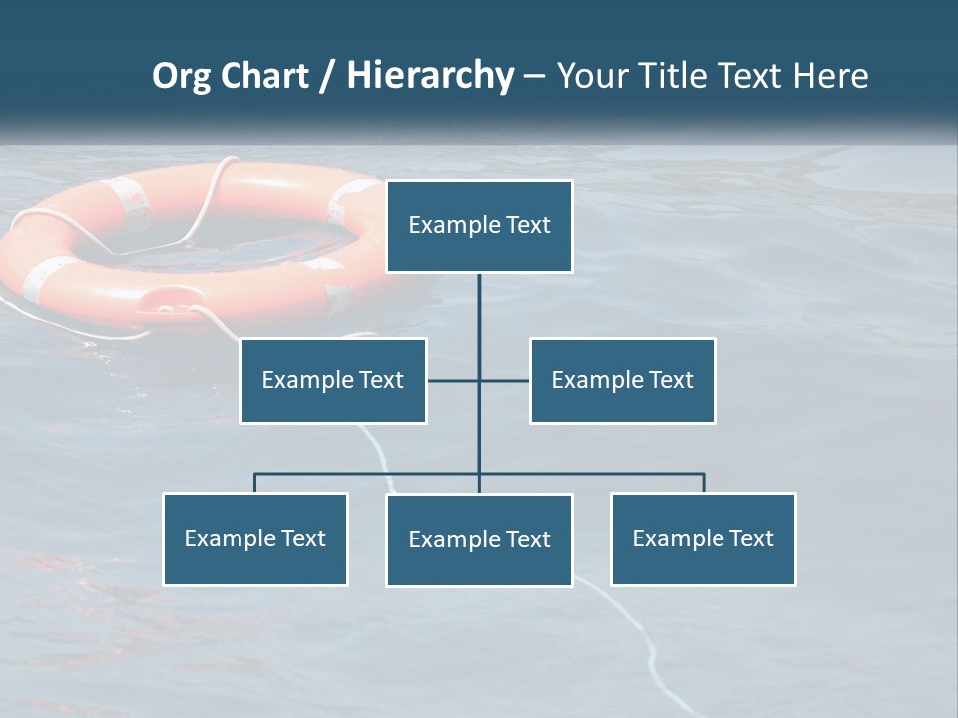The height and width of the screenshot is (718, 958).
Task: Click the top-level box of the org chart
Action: tap(479, 226)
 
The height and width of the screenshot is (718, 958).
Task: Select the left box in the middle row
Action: tap(333, 380)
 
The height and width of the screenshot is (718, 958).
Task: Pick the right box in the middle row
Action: tap(622, 380)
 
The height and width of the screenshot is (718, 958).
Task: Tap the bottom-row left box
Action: tap(255, 538)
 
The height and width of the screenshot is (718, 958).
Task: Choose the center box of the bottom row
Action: tap(479, 539)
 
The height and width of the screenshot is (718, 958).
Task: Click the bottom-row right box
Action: tap(703, 538)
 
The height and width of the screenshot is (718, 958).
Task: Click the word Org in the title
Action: tap(180, 76)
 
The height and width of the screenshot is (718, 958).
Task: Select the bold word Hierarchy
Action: tap(430, 76)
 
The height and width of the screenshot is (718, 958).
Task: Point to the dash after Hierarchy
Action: tap(534, 77)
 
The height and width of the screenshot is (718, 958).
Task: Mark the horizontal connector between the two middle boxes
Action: tap(504, 380)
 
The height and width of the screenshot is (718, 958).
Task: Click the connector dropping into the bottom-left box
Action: tap(255, 483)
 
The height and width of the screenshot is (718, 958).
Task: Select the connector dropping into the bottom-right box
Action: tap(704, 483)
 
